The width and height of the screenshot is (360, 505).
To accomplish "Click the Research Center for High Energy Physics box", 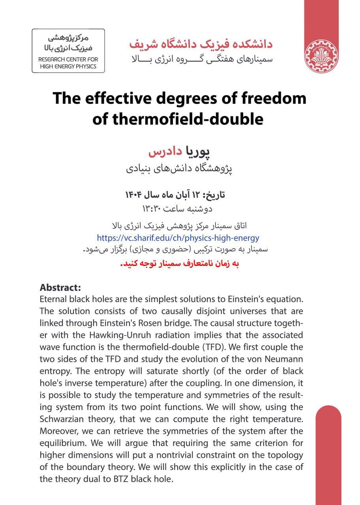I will click(x=68, y=51).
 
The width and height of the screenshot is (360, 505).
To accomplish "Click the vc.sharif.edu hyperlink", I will click(x=178, y=238).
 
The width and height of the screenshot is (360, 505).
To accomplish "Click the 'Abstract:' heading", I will click(x=60, y=287).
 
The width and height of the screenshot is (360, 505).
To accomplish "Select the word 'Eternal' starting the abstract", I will click(x=53, y=299).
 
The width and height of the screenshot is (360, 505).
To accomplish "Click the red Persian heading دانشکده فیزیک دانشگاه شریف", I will click(x=201, y=44).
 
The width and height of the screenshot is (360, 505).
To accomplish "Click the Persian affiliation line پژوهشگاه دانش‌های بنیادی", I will click(x=179, y=169).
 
